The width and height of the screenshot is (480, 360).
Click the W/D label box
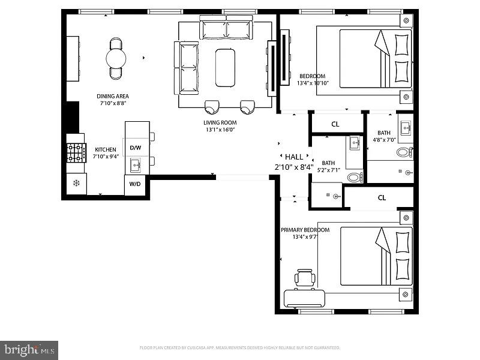coord(135,184)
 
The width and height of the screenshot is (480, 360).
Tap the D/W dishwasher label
coord(136,148)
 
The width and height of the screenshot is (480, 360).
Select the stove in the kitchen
coord(76,153)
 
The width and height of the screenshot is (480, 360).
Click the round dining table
coord(116,58)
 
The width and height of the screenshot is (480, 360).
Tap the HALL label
coord(294,157)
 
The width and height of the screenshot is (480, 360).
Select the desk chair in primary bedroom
coord(305,278)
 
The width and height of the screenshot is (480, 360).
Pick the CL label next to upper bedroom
coord(336,124)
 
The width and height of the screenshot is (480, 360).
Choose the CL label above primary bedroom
coord(382,197)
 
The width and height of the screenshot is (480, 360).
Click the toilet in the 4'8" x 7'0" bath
coord(404,152)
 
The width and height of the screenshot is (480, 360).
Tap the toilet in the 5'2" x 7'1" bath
coord(354,177)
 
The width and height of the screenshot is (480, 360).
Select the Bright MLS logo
coord(29,349)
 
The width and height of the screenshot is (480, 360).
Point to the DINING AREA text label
coord(113,96)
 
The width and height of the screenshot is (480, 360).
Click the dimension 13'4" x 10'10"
coord(312,83)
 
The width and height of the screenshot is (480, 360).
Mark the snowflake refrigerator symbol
coord(76,183)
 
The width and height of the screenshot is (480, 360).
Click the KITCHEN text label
coord(106,149)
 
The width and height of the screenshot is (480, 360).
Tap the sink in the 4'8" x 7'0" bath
coord(405,127)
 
